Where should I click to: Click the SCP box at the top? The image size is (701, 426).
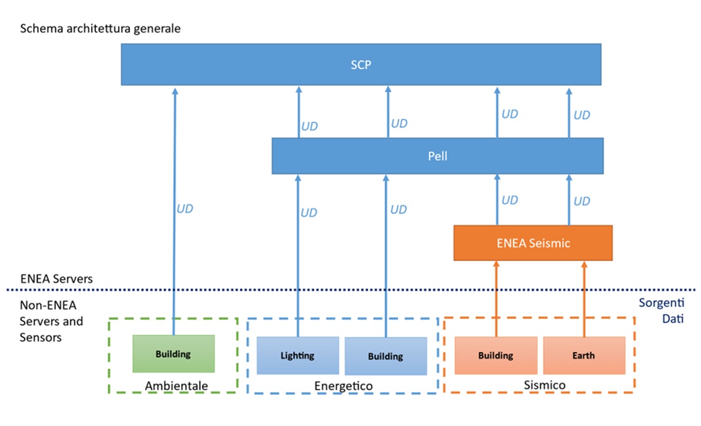tap(361, 65)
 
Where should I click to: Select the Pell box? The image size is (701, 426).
tap(438, 156)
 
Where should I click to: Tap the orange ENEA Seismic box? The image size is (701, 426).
tap(533, 243)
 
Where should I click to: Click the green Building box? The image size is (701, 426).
tap(173, 354)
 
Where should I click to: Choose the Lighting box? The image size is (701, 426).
tap(297, 355)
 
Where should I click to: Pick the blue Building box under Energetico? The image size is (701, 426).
tap(385, 356)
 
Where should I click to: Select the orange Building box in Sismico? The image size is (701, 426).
tap(496, 355)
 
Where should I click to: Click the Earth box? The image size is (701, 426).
tap(584, 355)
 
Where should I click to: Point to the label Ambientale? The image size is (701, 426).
tap(176, 386)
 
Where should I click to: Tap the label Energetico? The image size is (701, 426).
tap(343, 386)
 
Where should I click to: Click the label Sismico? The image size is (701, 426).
tap(545, 385)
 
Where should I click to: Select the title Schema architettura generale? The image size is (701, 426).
tap(100, 29)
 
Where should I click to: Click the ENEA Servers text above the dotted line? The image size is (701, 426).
tap(56, 279)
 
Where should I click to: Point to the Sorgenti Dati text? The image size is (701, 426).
tap(662, 311)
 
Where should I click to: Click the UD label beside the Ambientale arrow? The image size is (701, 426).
tap(185, 209)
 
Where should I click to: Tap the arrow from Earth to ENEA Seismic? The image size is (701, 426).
tap(584, 299)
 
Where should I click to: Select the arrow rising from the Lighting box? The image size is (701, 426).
tap(298, 256)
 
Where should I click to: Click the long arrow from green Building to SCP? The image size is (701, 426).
tap(175, 212)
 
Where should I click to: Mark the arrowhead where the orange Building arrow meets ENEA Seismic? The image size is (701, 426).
tap(496, 264)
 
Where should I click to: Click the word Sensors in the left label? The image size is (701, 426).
tap(40, 337)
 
